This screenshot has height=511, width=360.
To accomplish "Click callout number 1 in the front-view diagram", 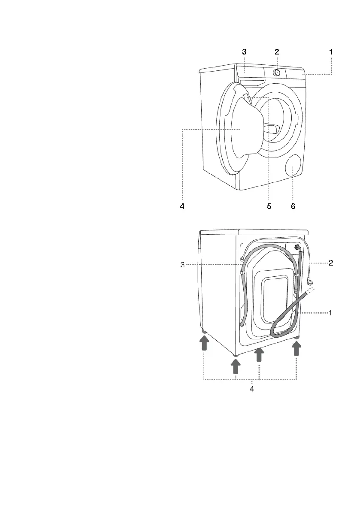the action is (x=331, y=52).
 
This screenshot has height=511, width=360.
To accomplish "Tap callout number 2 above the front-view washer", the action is (x=277, y=52).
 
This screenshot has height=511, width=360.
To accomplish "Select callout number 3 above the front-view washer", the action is (x=244, y=52).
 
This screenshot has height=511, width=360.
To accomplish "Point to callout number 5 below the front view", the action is (x=269, y=206).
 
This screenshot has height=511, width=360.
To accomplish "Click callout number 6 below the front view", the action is (x=293, y=206).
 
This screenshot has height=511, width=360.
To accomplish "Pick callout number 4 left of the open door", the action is (x=182, y=206).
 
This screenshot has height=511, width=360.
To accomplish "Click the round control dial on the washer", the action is (x=277, y=73).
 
